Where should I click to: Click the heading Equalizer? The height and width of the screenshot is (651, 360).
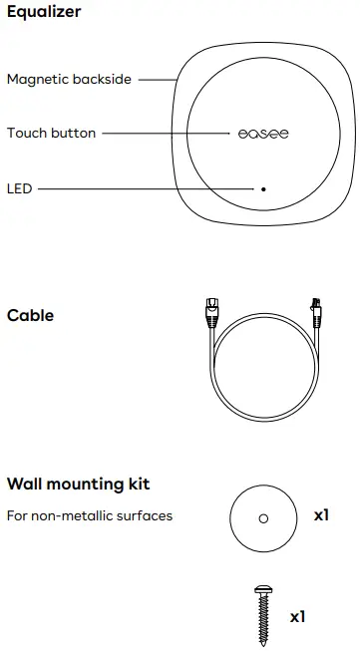[44, 13]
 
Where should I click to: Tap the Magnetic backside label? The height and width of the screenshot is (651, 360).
[69, 79]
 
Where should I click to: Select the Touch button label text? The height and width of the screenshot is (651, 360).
[52, 133]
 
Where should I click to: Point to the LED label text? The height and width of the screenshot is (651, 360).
[19, 187]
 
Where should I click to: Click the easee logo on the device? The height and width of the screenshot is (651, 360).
[263, 134]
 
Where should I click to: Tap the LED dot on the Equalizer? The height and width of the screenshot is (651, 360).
[263, 187]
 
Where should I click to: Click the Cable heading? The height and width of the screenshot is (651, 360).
[30, 316]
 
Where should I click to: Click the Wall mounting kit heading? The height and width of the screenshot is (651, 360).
[78, 485]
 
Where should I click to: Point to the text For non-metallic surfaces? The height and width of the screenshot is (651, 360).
[90, 515]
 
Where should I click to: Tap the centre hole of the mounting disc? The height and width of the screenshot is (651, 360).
[262, 518]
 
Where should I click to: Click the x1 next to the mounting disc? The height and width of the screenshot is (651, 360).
[321, 516]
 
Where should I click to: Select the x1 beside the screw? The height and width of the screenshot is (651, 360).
[297, 617]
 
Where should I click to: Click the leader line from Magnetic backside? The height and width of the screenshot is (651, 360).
[157, 79]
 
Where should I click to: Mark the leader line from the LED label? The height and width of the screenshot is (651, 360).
[145, 187]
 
